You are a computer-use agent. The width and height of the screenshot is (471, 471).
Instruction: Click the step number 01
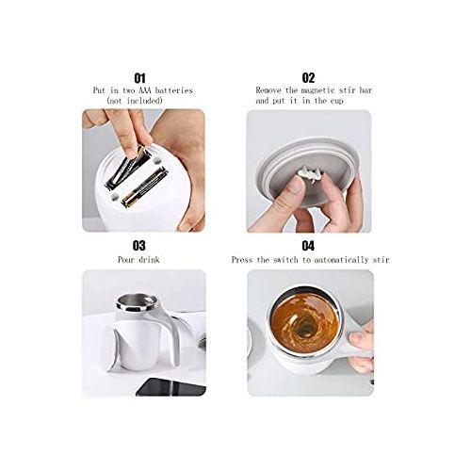(x=140, y=78)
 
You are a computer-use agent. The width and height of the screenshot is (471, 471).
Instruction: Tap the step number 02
(x=308, y=78)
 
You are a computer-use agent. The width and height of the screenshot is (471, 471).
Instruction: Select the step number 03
(x=139, y=246)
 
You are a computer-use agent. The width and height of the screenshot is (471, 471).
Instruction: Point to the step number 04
(x=308, y=246)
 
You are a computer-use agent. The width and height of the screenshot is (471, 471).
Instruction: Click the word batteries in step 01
(x=173, y=90)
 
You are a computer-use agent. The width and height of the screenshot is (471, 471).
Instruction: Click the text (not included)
(x=135, y=101)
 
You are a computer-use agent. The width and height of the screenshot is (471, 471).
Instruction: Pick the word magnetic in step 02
(x=317, y=90)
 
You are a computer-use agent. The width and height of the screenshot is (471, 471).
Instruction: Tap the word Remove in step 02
(x=268, y=90)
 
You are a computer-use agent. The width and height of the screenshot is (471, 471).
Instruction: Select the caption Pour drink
(x=138, y=260)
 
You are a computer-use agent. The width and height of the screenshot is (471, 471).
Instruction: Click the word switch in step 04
(x=285, y=260)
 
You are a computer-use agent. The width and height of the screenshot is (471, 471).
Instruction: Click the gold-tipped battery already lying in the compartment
(x=144, y=187)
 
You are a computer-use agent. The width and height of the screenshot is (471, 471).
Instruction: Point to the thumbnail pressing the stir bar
(x=296, y=183)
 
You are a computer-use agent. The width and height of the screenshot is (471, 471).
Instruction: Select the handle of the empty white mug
(x=170, y=333)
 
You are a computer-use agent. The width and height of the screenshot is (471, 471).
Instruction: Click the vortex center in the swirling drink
(x=304, y=327)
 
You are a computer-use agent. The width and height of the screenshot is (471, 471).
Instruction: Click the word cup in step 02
(x=336, y=102)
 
